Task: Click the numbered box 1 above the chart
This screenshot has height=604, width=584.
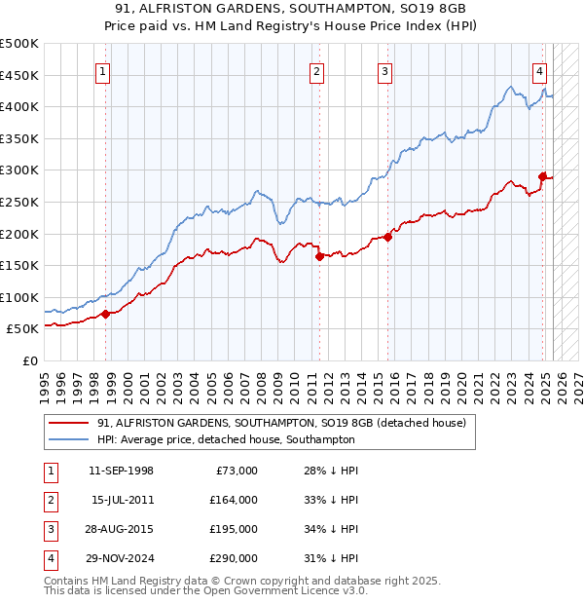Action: [103, 70]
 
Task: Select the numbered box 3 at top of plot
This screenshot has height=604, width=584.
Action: [384, 70]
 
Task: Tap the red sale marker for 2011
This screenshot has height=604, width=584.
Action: [318, 257]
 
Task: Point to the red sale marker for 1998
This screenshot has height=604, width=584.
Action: [105, 314]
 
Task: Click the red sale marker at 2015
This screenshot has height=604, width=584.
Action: [387, 237]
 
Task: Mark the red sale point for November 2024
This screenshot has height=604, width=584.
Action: [542, 176]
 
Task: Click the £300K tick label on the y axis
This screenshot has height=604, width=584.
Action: [19, 170]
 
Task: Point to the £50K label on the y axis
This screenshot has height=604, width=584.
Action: [22, 329]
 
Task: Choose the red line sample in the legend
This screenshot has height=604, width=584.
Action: [68, 423]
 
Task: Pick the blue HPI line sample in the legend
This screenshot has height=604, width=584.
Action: [68, 439]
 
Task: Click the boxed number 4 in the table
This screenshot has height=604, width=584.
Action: [51, 558]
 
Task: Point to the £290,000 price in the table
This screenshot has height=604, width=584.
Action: [235, 558]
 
